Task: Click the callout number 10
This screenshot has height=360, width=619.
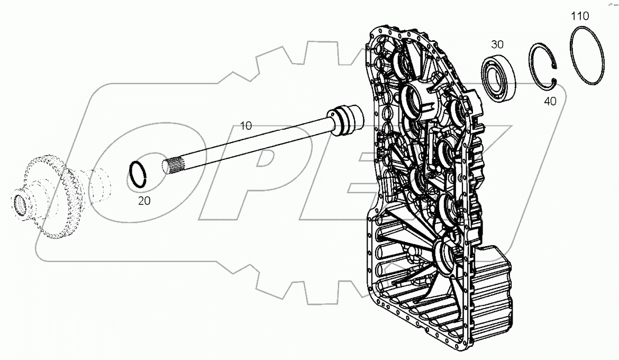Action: (246, 126)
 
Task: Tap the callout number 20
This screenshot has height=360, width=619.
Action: (144, 200)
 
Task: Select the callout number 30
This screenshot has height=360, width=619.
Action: (497, 45)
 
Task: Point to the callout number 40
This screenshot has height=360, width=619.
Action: (550, 101)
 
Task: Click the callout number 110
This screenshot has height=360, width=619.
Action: (580, 16)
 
